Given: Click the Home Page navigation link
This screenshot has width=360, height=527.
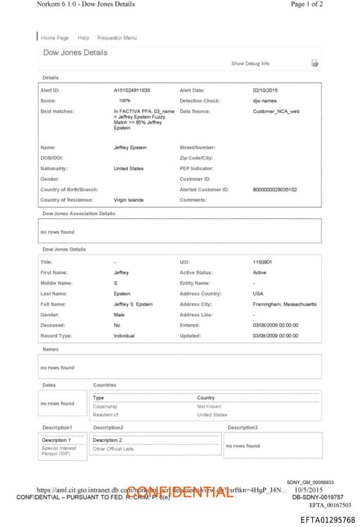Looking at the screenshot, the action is tap(55, 37).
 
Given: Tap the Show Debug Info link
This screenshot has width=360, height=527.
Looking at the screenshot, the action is tap(250, 63).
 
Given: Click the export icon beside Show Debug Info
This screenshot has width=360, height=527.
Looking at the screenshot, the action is tap(315, 63).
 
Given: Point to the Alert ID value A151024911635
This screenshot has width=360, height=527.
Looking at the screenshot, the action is tap(131, 90).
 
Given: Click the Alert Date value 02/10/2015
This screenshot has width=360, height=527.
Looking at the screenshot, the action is tap(265, 90).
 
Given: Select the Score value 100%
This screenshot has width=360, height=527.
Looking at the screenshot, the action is tap(124, 100).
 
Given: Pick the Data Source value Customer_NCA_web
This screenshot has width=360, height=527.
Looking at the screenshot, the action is tap(276, 111).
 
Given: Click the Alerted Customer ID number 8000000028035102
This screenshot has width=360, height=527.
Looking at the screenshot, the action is tap(274, 189).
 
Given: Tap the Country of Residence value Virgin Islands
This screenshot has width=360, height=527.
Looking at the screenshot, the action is tap(129, 200).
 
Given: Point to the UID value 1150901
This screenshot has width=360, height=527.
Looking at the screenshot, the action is tap(262, 261).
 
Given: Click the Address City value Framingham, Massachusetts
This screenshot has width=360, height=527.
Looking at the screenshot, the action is tap(284, 304).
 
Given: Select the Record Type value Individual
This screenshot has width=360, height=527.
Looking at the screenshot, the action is tap(124, 336).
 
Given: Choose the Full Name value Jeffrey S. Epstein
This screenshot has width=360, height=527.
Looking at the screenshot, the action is tap(133, 304).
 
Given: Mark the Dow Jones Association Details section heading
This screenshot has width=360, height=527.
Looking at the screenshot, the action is tap(79, 213).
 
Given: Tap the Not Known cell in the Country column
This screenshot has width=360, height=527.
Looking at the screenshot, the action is tap(209, 406).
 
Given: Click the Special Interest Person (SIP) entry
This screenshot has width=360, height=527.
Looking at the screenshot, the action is tap(59, 451).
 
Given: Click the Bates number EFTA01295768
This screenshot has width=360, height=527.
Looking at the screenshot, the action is tap(327, 519).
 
